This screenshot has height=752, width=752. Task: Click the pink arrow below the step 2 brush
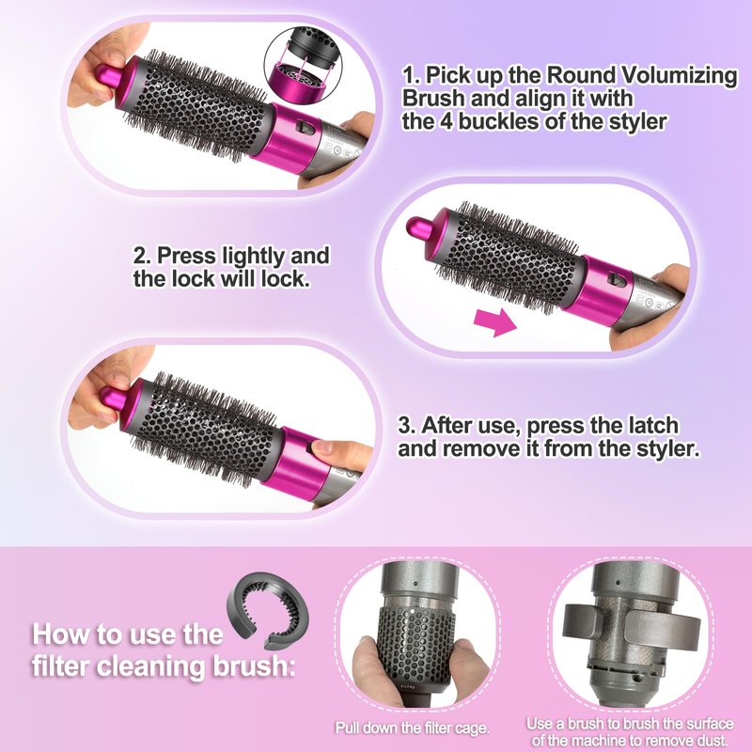point(495,322)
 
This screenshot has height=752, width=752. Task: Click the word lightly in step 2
point(254,256)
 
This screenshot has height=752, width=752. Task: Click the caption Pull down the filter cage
point(412,728)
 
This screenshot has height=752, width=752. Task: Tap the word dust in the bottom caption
point(711,739)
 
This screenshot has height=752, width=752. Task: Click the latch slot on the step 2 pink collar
point(617,279)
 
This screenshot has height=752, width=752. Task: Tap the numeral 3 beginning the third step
point(405,426)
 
